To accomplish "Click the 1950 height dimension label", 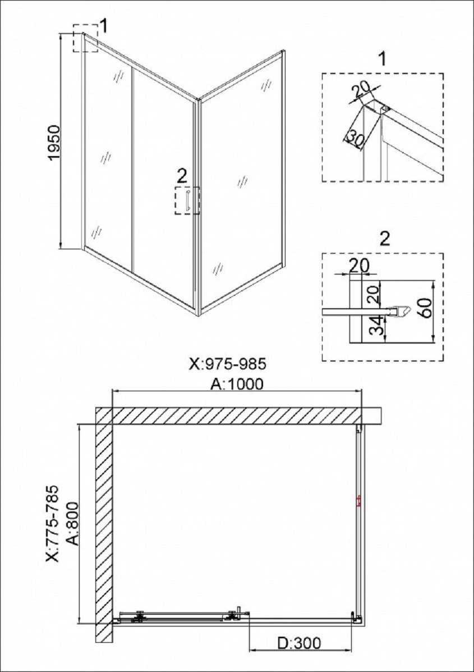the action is pos(56,143).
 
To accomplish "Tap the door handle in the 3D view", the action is pos(187,200).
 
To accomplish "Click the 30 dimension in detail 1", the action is pos(355,139).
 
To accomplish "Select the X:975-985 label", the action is pos(228,364).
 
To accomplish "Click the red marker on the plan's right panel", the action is pos(359,501).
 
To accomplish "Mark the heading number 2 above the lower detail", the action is pos(385,240).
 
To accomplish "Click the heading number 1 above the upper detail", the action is pos(383,59).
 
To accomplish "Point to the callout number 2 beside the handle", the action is pos(182,175).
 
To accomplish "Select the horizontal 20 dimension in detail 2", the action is pos(359,266).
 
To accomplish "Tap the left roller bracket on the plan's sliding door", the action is pos(139,616).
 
